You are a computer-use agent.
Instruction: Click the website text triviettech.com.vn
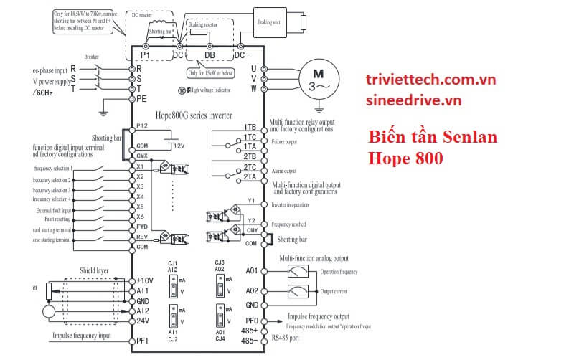pos(430,80)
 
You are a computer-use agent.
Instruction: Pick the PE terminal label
pos(142,99)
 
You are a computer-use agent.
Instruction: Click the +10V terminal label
pos(145,280)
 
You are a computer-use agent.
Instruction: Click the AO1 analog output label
pos(250,272)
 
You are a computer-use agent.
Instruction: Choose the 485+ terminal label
pos(250,331)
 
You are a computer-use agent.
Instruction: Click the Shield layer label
pos(93,271)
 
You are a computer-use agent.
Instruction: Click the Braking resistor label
pos(204,24)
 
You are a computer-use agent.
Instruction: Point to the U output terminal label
pos(253,69)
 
